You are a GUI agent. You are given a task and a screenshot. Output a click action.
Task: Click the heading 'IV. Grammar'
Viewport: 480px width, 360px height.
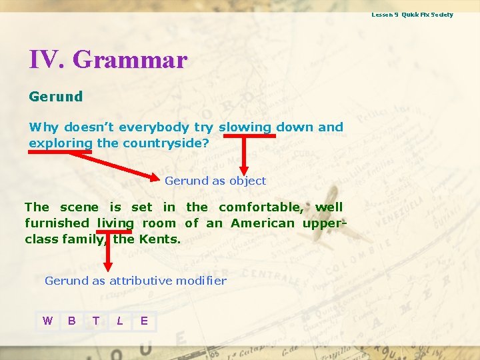[x=108, y=60]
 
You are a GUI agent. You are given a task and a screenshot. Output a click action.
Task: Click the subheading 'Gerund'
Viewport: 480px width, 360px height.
[x=56, y=97]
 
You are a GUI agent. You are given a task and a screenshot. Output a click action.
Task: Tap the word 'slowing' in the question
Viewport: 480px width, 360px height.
[x=245, y=127]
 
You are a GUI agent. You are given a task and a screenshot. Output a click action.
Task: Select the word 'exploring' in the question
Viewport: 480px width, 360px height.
[x=61, y=143]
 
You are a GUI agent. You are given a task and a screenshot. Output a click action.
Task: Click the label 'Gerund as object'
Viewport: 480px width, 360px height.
[x=215, y=181]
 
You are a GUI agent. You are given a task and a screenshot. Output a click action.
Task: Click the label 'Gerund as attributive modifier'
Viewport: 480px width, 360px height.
[x=135, y=281]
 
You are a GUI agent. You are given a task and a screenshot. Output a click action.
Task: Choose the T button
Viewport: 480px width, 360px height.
[x=96, y=321]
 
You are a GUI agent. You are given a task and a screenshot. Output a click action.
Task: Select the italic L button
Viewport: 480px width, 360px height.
[x=120, y=321]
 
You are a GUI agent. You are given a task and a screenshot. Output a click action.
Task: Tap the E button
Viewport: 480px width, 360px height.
[x=144, y=321]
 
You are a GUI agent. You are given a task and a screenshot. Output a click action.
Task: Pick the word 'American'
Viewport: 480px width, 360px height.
[x=262, y=223]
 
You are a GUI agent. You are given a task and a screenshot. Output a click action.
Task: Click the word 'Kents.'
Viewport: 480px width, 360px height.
[x=160, y=239]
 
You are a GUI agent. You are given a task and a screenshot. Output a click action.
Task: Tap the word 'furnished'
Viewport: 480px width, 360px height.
[x=57, y=223]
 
